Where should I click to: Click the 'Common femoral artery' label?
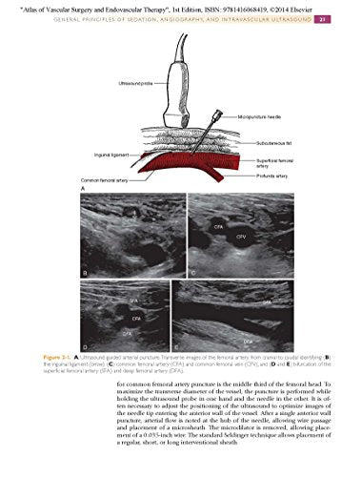[x=79, y=180]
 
